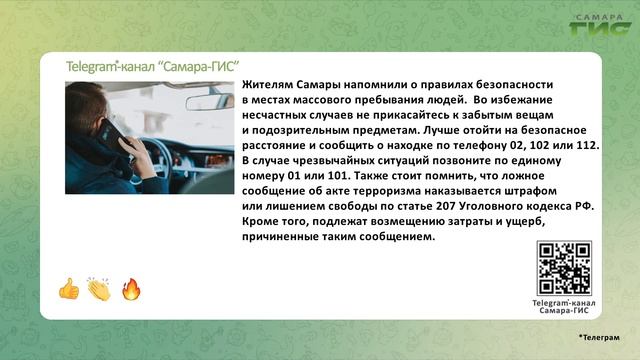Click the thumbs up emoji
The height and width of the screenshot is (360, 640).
(68, 290)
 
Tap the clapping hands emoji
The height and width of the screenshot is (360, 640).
(99, 290)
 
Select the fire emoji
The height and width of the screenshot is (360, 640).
(130, 290)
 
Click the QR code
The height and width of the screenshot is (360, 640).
(564, 268)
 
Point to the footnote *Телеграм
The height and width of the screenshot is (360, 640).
(598, 339)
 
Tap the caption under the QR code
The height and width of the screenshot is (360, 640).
(564, 306)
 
